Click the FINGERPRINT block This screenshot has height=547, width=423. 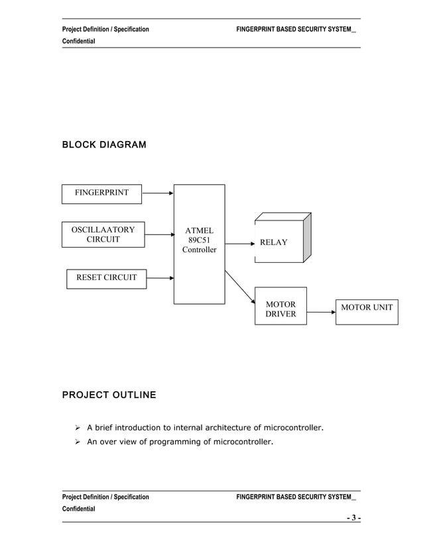click(101, 193)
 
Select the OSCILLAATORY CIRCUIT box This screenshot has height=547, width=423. click(103, 235)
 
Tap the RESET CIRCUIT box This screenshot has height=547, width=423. click(106, 278)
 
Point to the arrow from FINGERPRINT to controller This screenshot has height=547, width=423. click(158, 193)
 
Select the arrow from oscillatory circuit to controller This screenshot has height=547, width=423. click(159, 234)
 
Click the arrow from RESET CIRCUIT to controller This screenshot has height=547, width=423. click(159, 276)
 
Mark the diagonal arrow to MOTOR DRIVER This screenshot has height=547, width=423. click(240, 287)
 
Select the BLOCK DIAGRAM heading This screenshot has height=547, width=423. click(103, 144)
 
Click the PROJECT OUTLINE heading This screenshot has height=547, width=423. click(109, 395)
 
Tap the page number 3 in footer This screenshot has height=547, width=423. click(355, 518)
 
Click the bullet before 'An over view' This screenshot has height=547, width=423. click(77, 441)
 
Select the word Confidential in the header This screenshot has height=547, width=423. click(78, 42)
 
